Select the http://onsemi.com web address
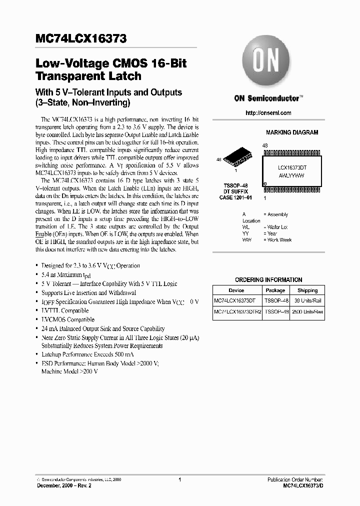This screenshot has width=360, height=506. [268, 113]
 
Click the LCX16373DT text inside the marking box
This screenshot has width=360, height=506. [291, 169]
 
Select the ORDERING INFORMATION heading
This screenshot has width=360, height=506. [268, 280]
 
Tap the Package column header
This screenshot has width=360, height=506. [275, 290]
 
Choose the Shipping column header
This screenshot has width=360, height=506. [307, 290]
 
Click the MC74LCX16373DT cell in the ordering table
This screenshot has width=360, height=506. [234, 301]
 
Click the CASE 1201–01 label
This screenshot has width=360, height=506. [235, 198]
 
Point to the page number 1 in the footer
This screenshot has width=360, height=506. [179, 479]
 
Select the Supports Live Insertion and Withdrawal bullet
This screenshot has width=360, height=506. [88, 293]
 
